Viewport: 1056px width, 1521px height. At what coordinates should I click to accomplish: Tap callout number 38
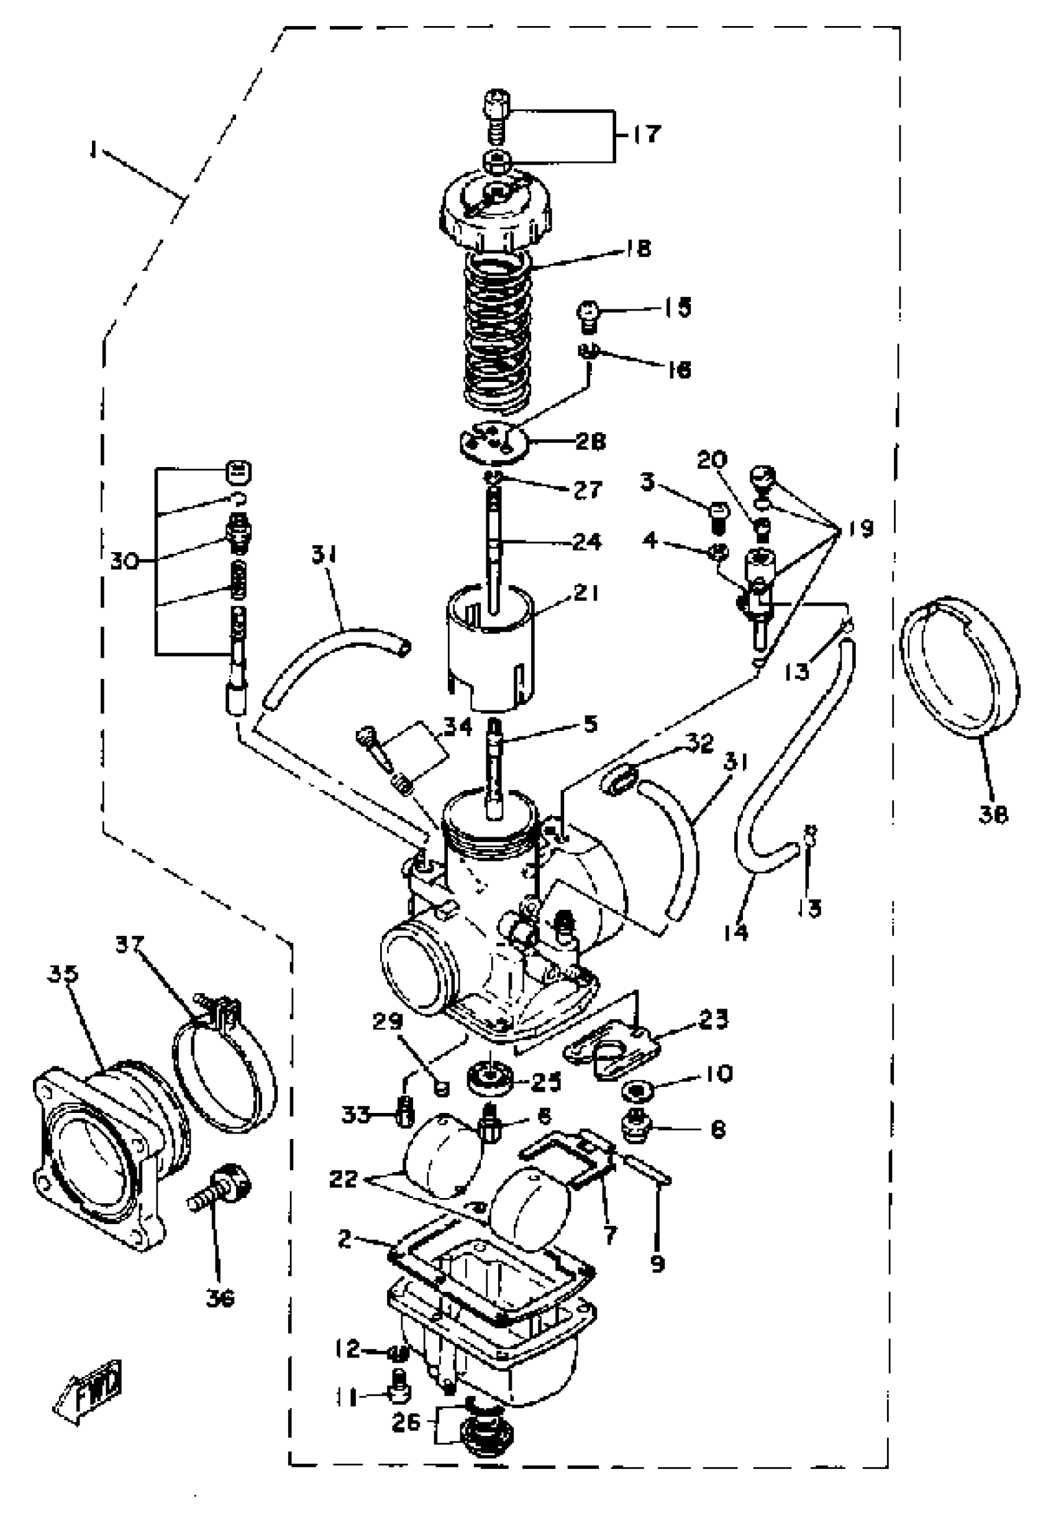[x=993, y=815]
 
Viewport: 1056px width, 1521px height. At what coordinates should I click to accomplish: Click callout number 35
[x=63, y=974]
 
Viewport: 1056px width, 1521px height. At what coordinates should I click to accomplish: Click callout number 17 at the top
[x=645, y=134]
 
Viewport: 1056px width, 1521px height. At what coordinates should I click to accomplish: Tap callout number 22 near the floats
[x=344, y=1178]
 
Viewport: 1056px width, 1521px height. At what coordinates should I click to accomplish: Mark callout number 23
[x=712, y=1018]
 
